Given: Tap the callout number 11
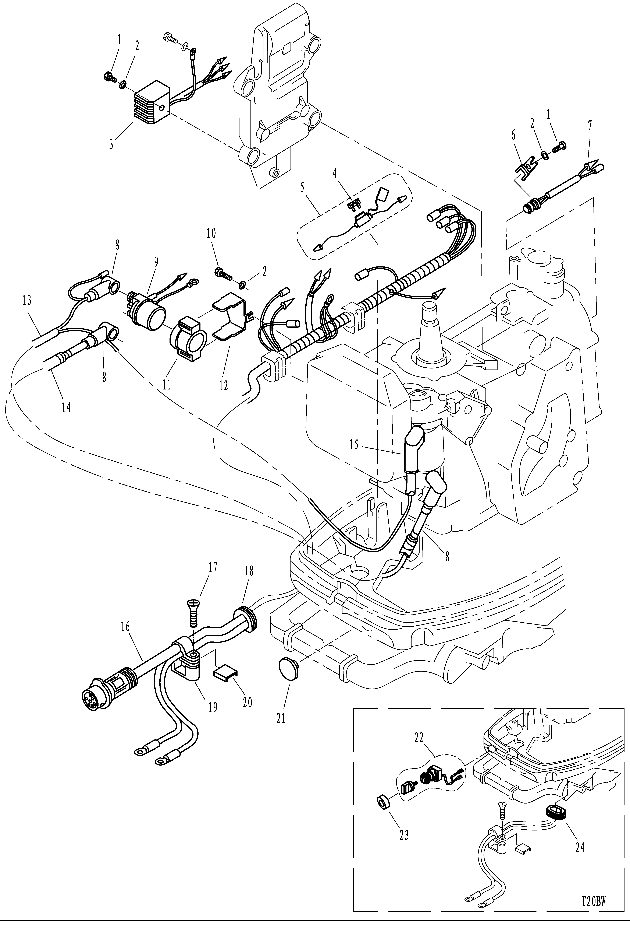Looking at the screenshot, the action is tap(166, 385).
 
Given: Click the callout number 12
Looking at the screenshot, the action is tap(223, 386).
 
